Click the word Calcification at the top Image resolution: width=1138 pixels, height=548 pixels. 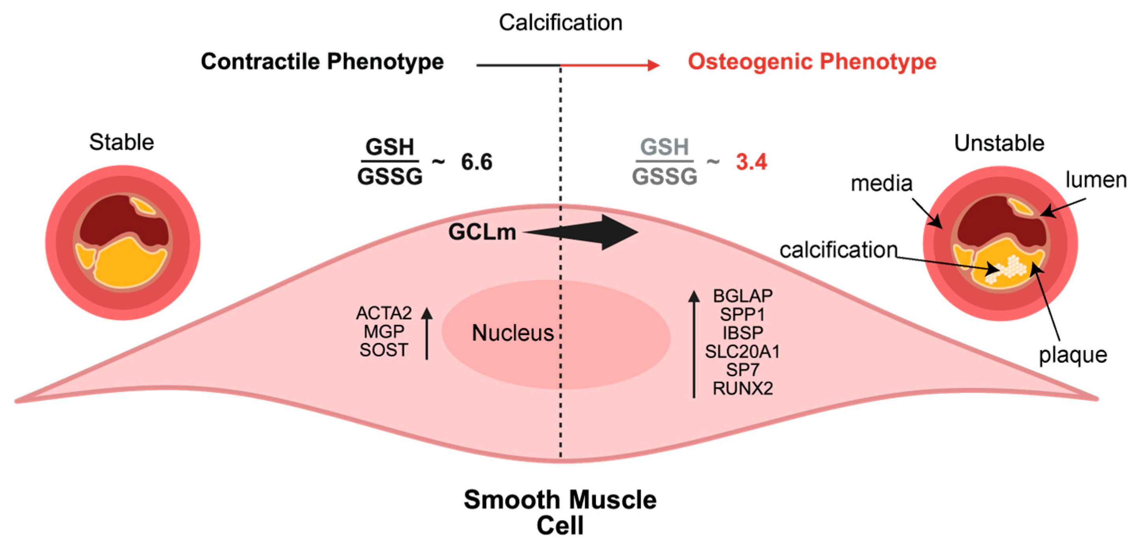560,23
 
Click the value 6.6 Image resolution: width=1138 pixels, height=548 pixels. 476,161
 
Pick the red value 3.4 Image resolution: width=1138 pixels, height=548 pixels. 751,161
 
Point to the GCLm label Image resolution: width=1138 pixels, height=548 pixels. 482,232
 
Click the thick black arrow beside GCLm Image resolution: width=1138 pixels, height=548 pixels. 592,232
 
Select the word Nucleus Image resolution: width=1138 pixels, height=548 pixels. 513,332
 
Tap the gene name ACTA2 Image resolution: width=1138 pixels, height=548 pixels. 384,313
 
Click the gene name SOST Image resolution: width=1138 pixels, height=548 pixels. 383,350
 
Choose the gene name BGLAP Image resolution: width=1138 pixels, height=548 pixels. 743,295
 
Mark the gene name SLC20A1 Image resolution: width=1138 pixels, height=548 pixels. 743,351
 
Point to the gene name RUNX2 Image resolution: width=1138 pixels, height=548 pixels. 743,388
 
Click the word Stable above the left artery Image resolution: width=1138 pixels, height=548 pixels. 122,142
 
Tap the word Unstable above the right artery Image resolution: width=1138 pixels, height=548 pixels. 999,143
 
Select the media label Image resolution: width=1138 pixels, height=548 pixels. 881,183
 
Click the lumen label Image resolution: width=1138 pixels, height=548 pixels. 1096,180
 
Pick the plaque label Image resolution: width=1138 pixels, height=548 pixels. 1072,355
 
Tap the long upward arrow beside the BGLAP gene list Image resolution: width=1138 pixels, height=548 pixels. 694,344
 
